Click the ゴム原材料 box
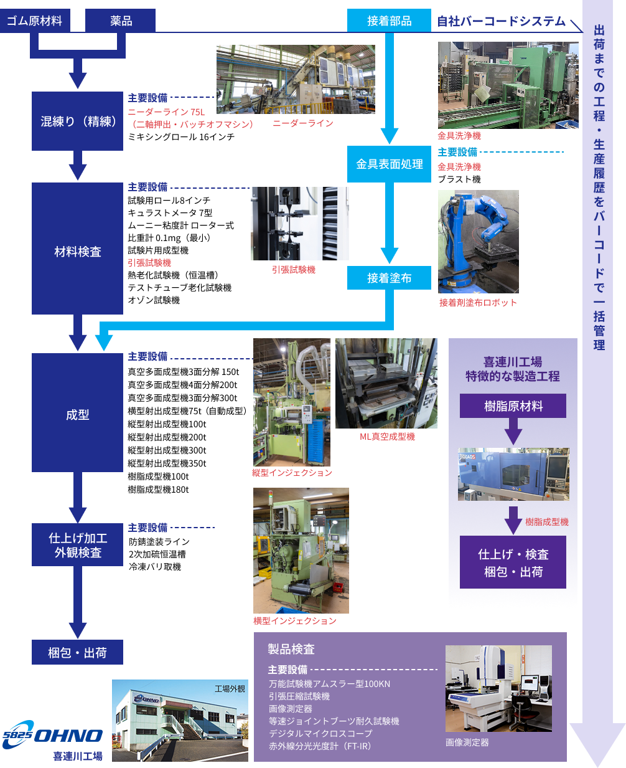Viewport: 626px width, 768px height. pyautogui.click(x=35, y=21)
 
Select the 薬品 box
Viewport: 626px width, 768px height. pyautogui.click(x=121, y=21)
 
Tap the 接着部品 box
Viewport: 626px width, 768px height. pyautogui.click(x=389, y=21)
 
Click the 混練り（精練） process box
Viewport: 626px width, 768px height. pyautogui.click(x=78, y=121)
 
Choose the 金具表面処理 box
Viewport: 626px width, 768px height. pyautogui.click(x=389, y=164)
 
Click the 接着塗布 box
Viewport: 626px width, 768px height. pyautogui.click(x=389, y=278)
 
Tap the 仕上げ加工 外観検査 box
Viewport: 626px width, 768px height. pyautogui.click(x=78, y=545)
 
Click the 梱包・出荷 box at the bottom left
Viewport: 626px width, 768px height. pyautogui.click(x=78, y=653)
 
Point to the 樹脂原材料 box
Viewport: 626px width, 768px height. pyautogui.click(x=513, y=406)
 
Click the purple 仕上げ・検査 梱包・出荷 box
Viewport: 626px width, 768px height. pyautogui.click(x=513, y=562)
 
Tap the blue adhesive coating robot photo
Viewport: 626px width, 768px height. pyautogui.click(x=478, y=242)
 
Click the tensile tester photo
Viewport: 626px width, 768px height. pyautogui.click(x=299, y=224)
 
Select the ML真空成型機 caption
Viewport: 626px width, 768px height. pyautogui.click(x=387, y=437)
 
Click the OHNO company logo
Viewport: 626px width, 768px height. pyautogui.click(x=53, y=735)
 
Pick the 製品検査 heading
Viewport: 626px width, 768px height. pyautogui.click(x=291, y=650)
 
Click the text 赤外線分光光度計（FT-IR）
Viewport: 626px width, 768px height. pyautogui.click(x=320, y=746)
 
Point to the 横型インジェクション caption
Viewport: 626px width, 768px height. pyautogui.click(x=294, y=621)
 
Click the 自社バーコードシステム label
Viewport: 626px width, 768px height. pyautogui.click(x=501, y=21)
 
